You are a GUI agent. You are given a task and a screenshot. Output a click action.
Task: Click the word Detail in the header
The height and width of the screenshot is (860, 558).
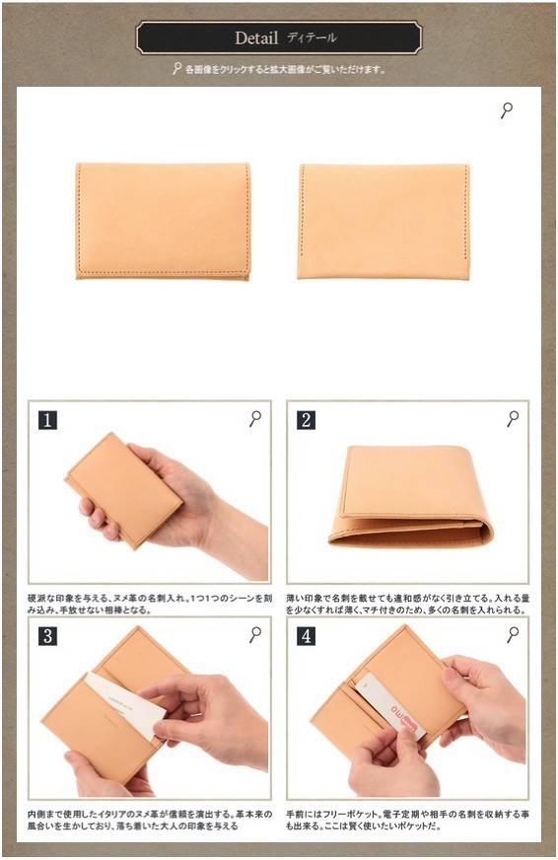pyautogui.click(x=256, y=38)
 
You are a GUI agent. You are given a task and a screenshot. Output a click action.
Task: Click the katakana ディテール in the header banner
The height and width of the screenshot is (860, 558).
pyautogui.click(x=312, y=38)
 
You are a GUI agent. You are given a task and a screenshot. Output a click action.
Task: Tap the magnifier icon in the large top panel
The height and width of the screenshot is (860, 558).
pyautogui.click(x=507, y=110)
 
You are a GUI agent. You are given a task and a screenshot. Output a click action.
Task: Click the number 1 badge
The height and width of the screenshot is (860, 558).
pyautogui.click(x=47, y=420)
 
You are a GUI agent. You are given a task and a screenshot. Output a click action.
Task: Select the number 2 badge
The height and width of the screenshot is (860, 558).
pyautogui.click(x=307, y=420)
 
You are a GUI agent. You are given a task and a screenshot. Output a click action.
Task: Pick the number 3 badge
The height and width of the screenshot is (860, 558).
pyautogui.click(x=47, y=636)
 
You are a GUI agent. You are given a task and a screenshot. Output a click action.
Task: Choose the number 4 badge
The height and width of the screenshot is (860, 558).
pyautogui.click(x=307, y=636)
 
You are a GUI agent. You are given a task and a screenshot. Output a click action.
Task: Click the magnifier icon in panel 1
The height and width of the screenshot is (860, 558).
pyautogui.click(x=255, y=419)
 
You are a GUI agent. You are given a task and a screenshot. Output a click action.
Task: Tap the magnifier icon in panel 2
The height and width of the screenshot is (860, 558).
pyautogui.click(x=513, y=419)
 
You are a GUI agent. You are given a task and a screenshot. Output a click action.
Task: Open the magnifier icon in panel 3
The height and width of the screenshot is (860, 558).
pyautogui.click(x=255, y=634)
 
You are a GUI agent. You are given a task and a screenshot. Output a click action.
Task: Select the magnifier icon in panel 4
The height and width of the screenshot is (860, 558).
pyautogui.click(x=513, y=634)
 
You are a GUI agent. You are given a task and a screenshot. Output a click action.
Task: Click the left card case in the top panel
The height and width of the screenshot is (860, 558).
pyautogui.click(x=163, y=221)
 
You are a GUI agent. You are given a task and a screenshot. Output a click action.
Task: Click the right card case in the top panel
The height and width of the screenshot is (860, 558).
pyautogui.click(x=384, y=221)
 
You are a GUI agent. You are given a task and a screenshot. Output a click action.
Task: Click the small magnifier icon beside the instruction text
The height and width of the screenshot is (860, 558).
pyautogui.click(x=176, y=70)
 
